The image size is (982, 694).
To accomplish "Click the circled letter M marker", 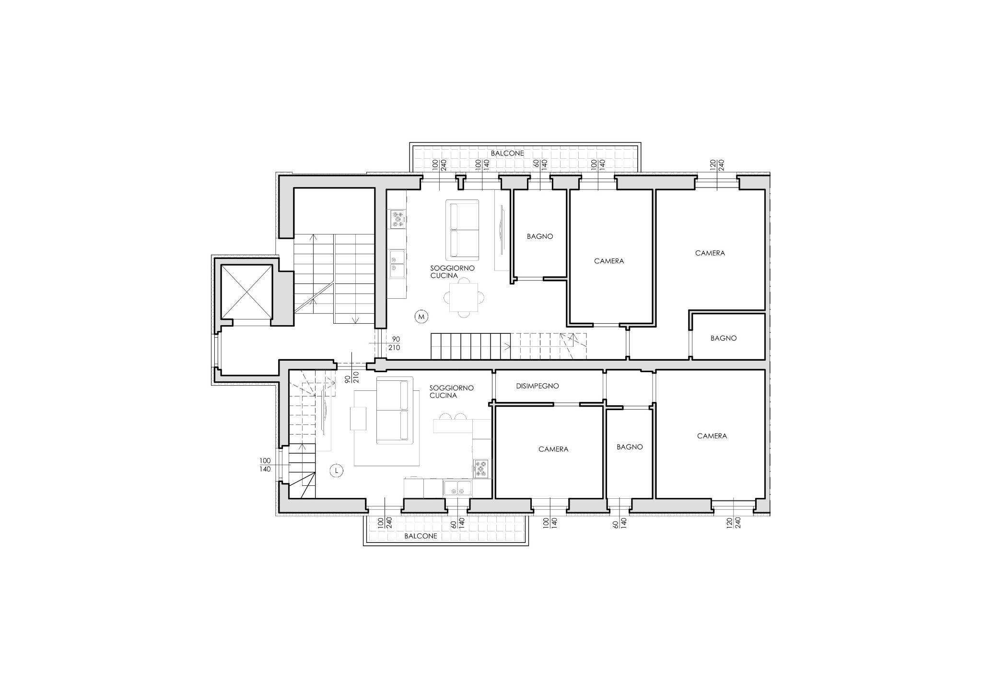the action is click(421, 317).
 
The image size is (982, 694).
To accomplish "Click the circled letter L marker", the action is click(337, 471).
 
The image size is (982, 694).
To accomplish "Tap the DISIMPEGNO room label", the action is click(538, 386).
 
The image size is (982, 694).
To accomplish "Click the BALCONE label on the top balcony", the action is click(507, 153).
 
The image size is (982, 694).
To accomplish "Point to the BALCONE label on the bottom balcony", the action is click(421, 536).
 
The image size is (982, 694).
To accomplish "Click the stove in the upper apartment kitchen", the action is click(398, 219).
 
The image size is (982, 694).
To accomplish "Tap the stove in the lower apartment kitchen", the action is click(481, 469).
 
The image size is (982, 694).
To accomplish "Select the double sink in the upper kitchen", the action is click(397, 264).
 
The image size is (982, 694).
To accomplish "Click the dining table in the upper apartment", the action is click(464, 297).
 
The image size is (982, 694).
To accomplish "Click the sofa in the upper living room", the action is click(463, 230).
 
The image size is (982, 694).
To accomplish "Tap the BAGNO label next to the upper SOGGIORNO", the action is click(540, 236).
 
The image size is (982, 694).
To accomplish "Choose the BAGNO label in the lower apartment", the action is click(630, 447).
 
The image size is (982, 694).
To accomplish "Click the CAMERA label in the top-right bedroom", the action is click(710, 253).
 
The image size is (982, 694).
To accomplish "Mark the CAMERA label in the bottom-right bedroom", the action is click(712, 436).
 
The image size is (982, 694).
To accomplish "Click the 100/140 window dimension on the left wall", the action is click(265, 465).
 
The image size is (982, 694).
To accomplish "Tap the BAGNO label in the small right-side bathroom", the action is click(724, 338).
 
